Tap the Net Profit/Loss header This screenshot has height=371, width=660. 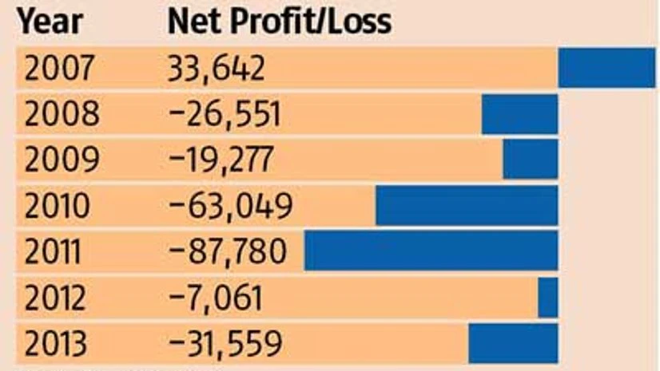click(280, 22)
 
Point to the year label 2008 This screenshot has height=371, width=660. click(62, 115)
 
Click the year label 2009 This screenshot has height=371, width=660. click(62, 160)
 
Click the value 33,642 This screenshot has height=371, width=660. click(216, 69)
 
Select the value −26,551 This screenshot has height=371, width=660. click(225, 115)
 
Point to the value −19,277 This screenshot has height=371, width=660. click(221, 160)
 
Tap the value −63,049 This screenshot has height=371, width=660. click(231, 207)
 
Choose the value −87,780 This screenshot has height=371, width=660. click(228, 252)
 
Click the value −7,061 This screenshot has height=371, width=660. click(216, 298)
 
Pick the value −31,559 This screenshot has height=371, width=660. click(225, 344)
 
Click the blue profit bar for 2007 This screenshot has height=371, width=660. click(606, 68)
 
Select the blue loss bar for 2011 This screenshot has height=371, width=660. click(431, 251)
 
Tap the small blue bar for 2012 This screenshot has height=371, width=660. click(548, 298)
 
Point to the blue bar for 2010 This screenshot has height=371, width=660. click(467, 206)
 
